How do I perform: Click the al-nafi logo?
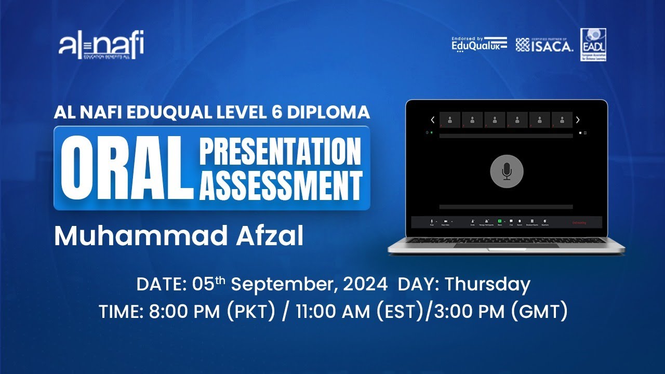(x=101, y=45)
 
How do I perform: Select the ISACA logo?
(x=544, y=45)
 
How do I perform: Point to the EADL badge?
(x=593, y=44)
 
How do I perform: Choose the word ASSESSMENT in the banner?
(x=281, y=184)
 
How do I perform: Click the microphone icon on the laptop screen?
(x=507, y=171)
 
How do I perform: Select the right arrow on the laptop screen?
(x=578, y=120)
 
